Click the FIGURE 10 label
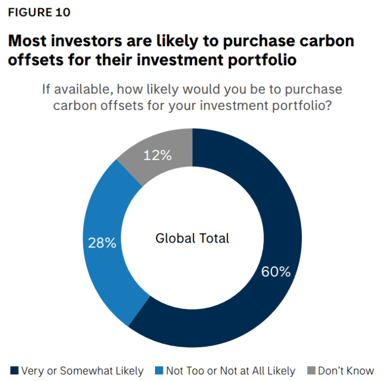(39, 12)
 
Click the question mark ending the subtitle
(328, 105)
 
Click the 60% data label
(276, 272)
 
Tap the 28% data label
(102, 242)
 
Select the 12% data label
(157, 156)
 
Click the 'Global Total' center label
(192, 239)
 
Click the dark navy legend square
(14, 371)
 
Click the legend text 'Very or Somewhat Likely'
(82, 371)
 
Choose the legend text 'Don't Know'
(346, 371)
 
